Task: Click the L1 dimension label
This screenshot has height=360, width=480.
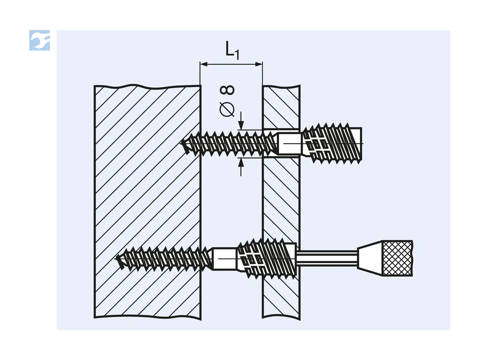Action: coord(232,50)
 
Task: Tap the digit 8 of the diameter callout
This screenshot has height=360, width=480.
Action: coord(227,90)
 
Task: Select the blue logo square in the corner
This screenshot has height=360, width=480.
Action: coord(40,40)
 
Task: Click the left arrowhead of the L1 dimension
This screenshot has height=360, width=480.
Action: coord(204,64)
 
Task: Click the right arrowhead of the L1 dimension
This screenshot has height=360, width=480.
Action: coord(259,64)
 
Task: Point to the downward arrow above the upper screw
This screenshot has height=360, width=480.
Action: coord(241,121)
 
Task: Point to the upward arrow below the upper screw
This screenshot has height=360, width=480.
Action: coord(241,167)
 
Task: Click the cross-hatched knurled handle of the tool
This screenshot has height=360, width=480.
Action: coord(397,258)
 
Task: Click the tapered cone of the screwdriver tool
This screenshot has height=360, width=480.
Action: coord(370,258)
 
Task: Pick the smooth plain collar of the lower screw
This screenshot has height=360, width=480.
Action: coord(224,259)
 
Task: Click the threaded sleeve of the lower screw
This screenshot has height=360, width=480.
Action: coord(266,259)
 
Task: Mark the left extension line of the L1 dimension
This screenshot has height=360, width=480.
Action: coord(200,73)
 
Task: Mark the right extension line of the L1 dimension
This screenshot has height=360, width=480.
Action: coord(262,73)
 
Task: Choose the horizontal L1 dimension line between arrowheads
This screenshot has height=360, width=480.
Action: coord(231,64)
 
